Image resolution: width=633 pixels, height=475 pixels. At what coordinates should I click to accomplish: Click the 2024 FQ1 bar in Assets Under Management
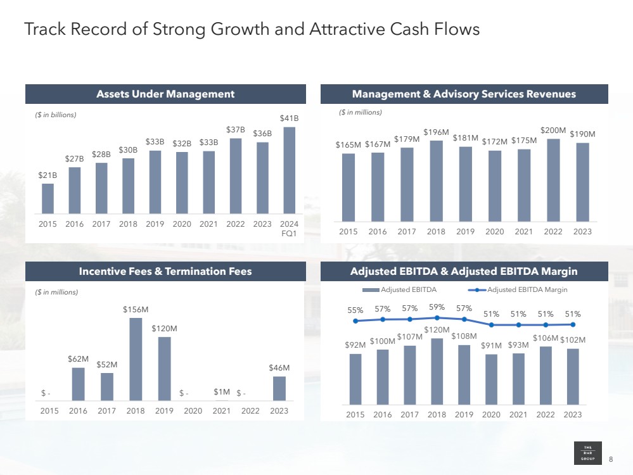point(289,170)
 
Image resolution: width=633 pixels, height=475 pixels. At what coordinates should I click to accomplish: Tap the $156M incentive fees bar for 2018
point(136,359)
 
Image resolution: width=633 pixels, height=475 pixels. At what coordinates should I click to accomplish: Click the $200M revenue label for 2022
point(553,130)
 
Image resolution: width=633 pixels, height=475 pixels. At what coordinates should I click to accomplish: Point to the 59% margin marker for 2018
point(437,317)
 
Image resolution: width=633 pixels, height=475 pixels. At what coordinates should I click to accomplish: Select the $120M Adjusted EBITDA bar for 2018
point(437,371)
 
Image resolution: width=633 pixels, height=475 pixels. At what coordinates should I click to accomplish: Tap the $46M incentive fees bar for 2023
point(279,388)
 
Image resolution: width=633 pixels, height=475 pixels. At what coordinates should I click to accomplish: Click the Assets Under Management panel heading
point(165,94)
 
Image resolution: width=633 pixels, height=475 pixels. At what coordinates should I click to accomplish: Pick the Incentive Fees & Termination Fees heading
point(165,271)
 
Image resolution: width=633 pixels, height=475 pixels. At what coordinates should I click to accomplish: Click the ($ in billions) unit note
point(55,115)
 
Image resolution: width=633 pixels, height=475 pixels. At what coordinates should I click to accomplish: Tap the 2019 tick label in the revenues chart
point(465,232)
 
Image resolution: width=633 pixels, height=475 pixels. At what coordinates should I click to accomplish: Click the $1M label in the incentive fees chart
point(222,393)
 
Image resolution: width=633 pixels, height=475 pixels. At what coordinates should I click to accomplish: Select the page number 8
point(611,459)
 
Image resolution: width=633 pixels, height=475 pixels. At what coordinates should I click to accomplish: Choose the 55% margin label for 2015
point(355,310)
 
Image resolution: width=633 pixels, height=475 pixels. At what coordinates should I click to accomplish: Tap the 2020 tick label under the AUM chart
point(182,224)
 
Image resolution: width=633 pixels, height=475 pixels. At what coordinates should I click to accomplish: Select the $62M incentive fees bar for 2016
point(79,384)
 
